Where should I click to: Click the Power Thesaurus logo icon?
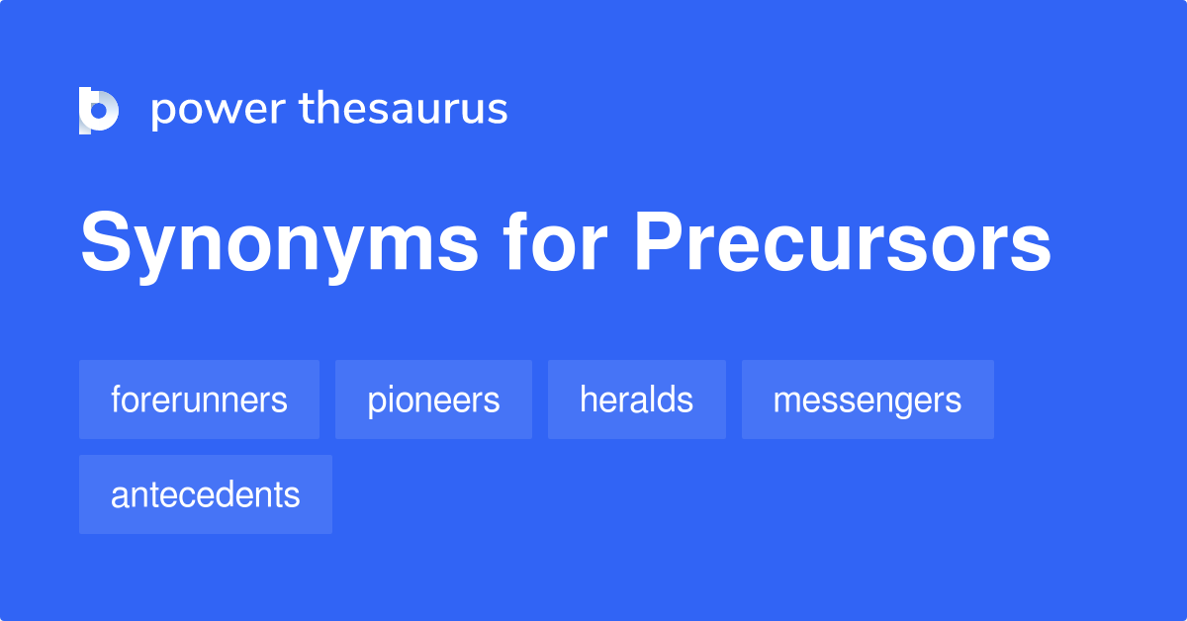pos(98,109)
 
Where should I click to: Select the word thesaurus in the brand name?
pos(404,109)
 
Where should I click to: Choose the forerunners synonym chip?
pos(199,399)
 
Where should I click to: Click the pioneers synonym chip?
pos(433,399)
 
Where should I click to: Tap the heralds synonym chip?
pos(636,399)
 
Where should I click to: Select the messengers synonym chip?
pos(867,399)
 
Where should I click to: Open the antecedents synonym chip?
pos(205,494)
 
